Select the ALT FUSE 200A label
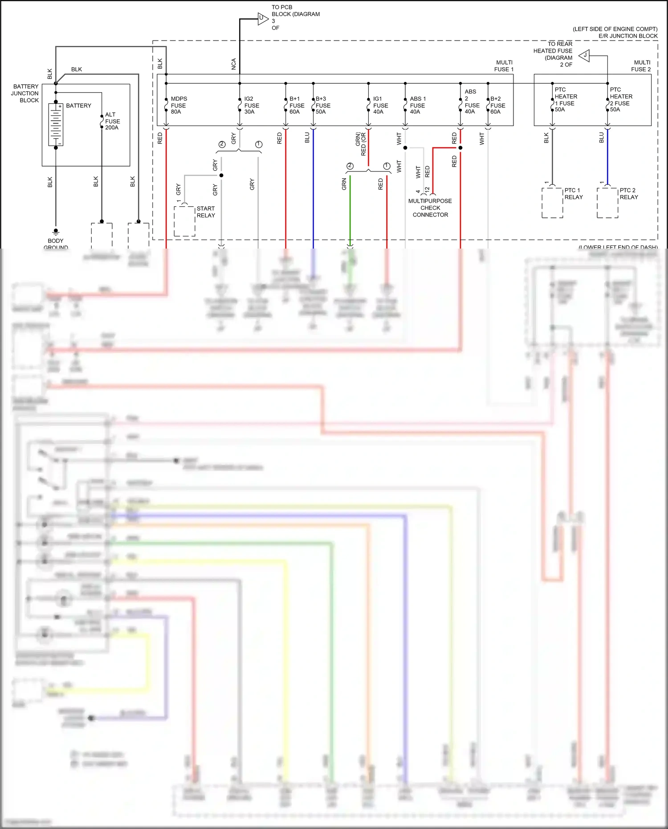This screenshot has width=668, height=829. (x=112, y=121)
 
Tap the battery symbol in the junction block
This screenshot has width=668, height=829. (x=56, y=125)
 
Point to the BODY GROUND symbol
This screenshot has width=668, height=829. (x=56, y=232)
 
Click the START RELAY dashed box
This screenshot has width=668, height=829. (x=184, y=221)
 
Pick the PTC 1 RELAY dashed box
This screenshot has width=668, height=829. (x=552, y=203)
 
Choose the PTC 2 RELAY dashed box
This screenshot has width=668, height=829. (x=607, y=203)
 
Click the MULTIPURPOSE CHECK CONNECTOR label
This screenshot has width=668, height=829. (x=430, y=208)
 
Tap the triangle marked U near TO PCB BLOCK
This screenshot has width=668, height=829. (x=262, y=19)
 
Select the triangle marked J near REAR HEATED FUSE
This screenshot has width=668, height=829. (x=585, y=56)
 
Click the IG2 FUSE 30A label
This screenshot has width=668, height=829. (x=252, y=105)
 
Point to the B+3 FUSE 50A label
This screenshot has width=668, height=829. (x=323, y=105)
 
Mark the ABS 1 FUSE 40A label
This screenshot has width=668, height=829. (x=418, y=105)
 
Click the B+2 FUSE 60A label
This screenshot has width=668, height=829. (x=497, y=105)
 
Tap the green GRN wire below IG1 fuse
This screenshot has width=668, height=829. (x=350, y=209)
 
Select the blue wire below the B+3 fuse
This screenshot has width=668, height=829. (x=313, y=187)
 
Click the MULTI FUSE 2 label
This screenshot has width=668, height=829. (x=641, y=66)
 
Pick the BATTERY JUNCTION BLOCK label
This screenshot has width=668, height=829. (x=25, y=93)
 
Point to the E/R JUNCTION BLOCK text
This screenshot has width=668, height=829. (x=627, y=36)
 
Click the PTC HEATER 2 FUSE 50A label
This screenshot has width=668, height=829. (x=621, y=99)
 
